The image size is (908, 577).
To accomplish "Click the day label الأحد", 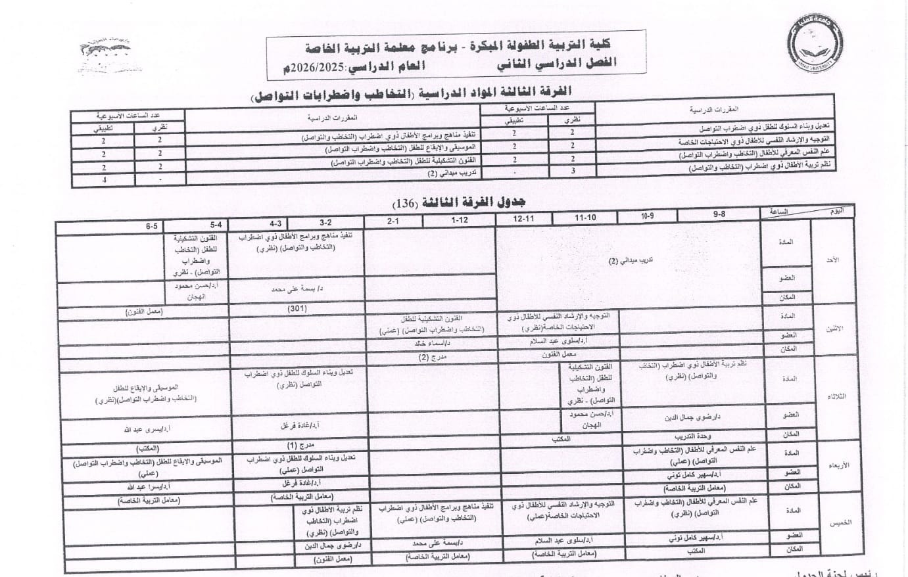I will point(832,260).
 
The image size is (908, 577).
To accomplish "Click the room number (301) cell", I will point(297,308).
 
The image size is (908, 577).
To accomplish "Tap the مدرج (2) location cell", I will point(433,357).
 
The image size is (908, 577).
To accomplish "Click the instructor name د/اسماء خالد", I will point(431,343).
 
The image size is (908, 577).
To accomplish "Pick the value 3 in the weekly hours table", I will point(573,170).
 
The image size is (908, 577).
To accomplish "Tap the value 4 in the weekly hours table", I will point(104,179).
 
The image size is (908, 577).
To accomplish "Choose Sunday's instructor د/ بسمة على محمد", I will point(297,288).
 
